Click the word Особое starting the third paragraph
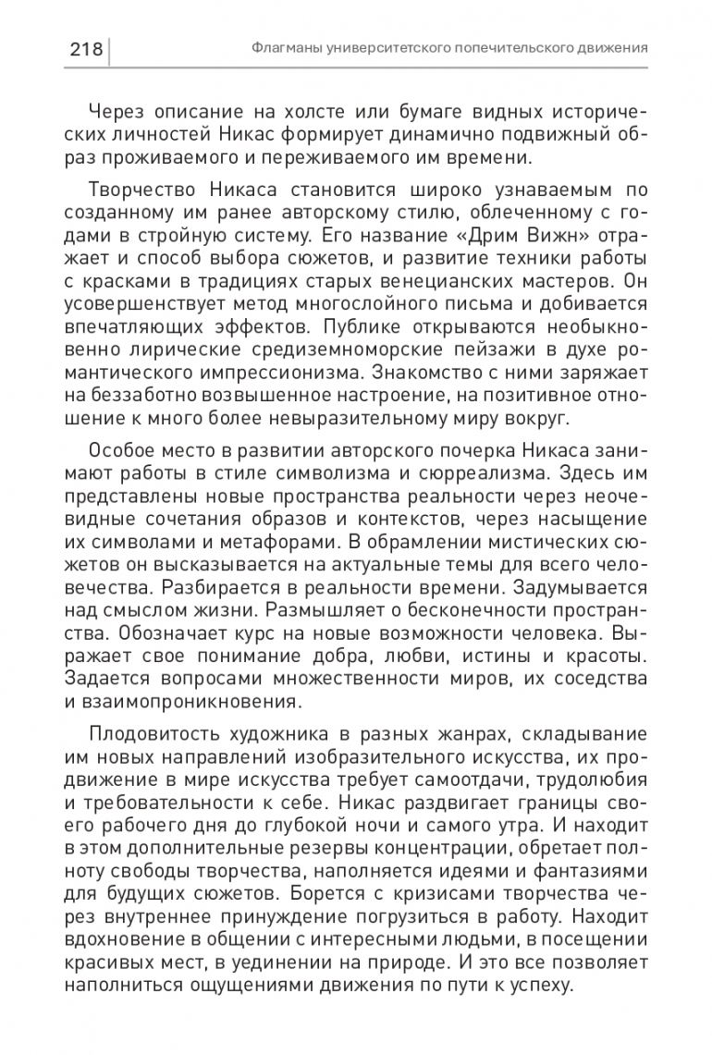pyautogui.click(x=118, y=451)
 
